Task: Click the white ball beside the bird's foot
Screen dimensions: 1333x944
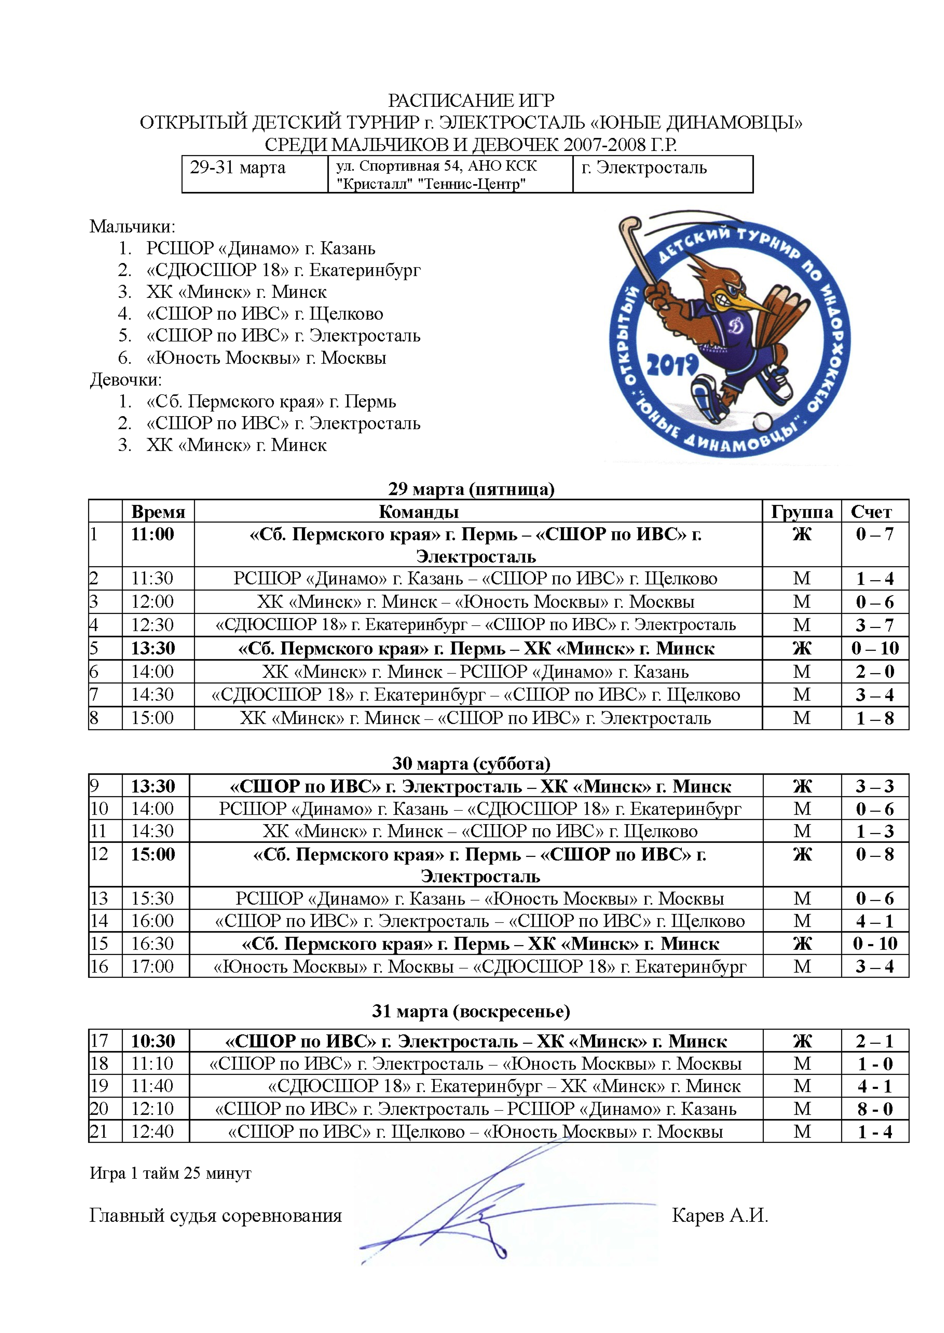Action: (763, 420)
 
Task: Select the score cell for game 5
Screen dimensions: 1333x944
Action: (875, 648)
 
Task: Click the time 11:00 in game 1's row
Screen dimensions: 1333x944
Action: (152, 534)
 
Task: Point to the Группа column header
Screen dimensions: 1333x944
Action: (802, 512)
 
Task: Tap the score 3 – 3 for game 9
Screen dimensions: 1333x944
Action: (875, 786)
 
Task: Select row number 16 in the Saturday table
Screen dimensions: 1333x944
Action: (99, 966)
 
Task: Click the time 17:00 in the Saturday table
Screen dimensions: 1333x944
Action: (152, 966)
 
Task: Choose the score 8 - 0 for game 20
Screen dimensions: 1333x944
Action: (875, 1108)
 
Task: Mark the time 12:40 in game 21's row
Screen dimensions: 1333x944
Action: (152, 1131)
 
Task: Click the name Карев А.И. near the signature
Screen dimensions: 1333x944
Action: (720, 1215)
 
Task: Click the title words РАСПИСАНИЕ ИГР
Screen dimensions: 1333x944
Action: (471, 100)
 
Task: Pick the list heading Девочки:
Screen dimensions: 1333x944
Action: (126, 380)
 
